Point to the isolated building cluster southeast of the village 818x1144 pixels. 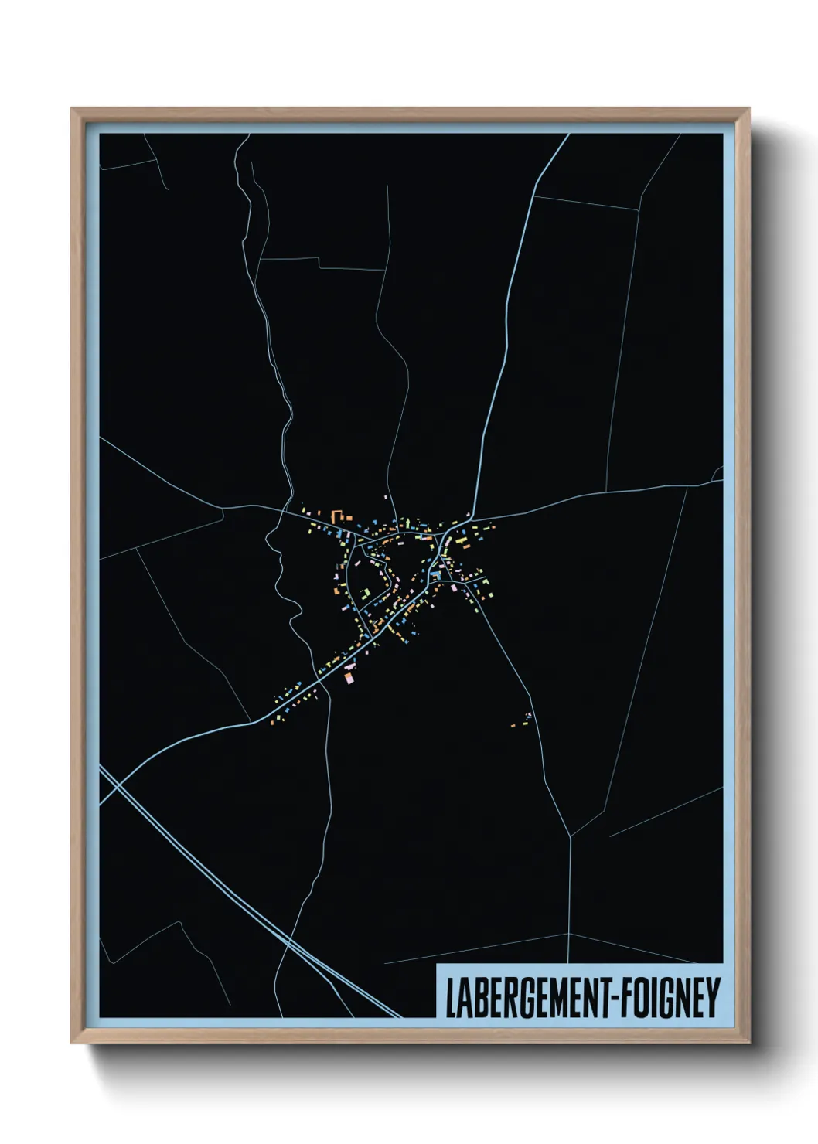[x=523, y=720]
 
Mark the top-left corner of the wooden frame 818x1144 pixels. [x=73, y=110]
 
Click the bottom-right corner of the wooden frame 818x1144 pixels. [x=748, y=1042]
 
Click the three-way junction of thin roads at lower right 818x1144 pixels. [x=571, y=836]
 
